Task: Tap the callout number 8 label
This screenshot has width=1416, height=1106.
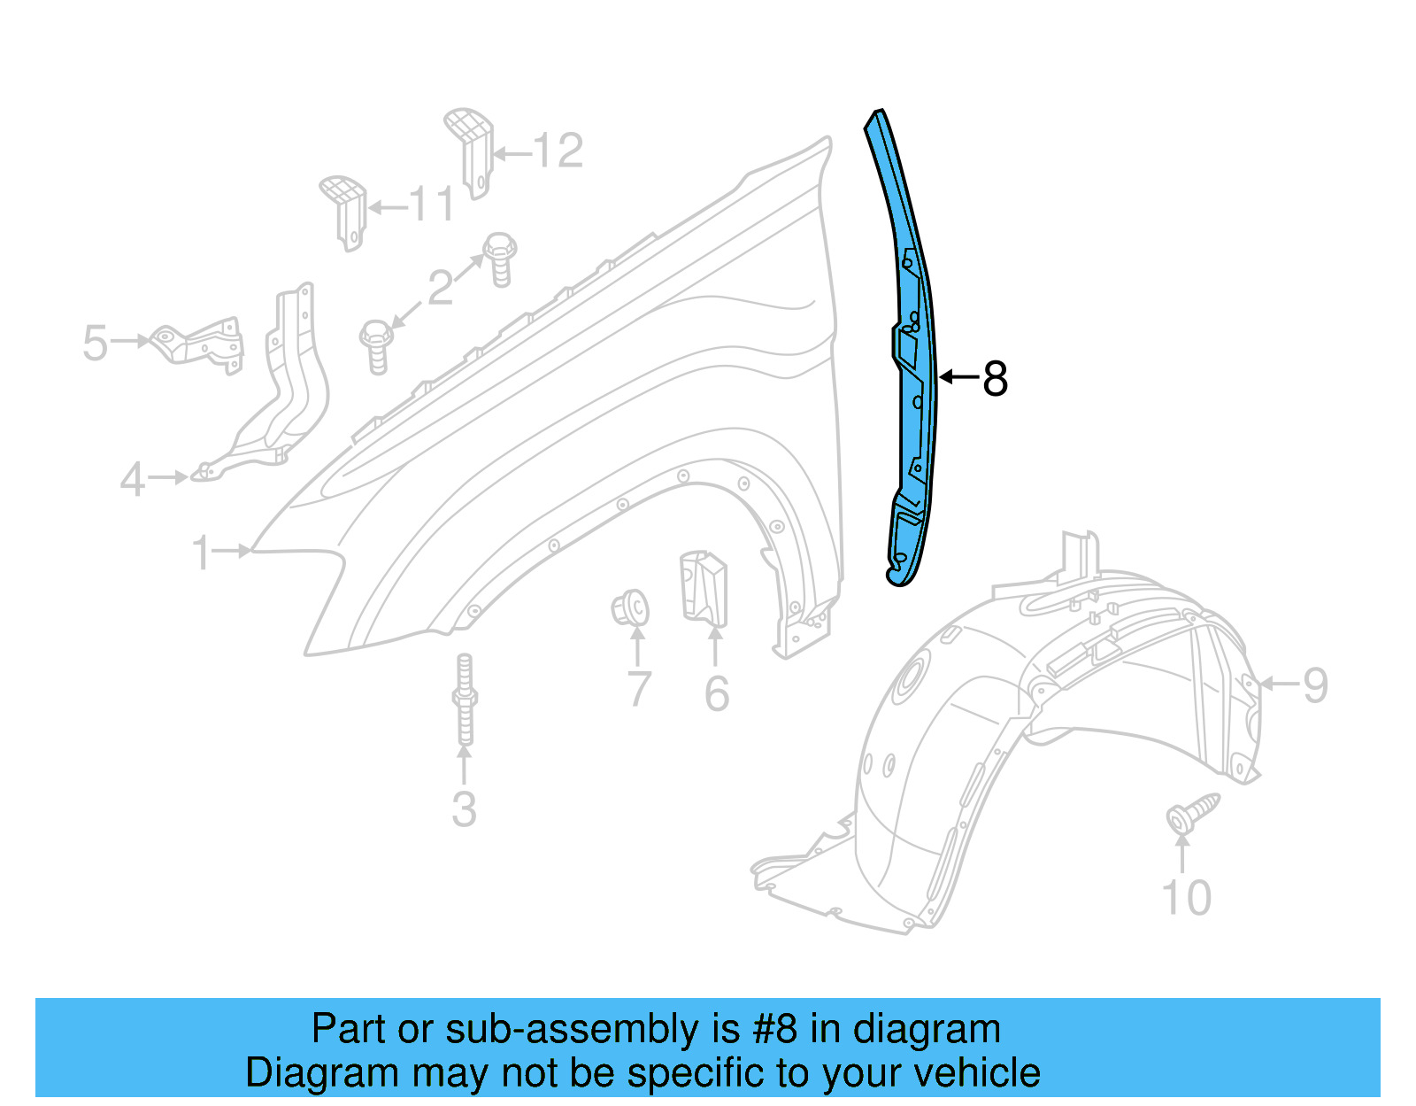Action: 995,379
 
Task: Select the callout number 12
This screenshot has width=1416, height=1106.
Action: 558,151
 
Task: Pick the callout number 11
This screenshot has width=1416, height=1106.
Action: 432,205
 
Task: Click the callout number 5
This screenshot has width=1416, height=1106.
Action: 95,343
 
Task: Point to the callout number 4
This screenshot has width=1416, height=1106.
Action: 133,480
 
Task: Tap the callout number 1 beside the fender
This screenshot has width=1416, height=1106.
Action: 203,553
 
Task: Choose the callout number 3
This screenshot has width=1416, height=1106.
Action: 464,809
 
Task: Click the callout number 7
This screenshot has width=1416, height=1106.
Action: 639,690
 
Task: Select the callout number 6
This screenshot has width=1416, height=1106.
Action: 717,693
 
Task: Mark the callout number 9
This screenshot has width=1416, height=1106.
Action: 1315,684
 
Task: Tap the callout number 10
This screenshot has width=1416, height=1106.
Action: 1185,898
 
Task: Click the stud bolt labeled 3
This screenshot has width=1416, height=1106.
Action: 465,700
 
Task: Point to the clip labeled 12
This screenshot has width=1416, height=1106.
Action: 472,151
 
